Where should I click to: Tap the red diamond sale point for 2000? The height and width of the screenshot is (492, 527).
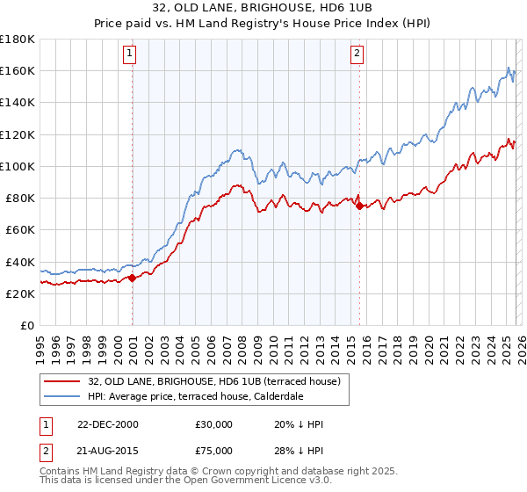pyautogui.click(x=132, y=278)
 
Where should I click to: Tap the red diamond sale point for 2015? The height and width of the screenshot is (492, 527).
pyautogui.click(x=359, y=206)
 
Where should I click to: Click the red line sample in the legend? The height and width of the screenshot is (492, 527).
pyautogui.click(x=62, y=380)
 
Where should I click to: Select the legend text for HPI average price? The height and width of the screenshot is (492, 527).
pyautogui.click(x=195, y=396)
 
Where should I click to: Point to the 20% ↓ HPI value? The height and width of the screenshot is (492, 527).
pyautogui.click(x=299, y=424)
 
